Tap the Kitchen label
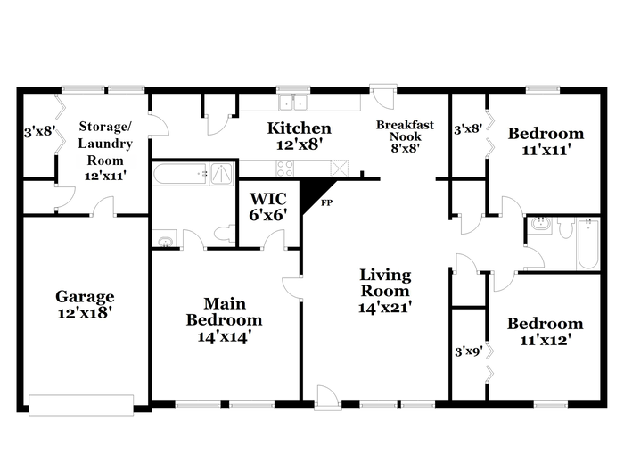click(299, 128)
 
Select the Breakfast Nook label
click(405, 130)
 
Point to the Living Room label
click(385, 283)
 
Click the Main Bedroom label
click(225, 312)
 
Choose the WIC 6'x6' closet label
click(268, 207)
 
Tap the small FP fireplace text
click(327, 203)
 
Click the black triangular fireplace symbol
click(316, 195)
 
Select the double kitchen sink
click(293, 103)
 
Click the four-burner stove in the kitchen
click(285, 168)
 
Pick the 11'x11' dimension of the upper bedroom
click(546, 150)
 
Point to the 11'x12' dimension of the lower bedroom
click(546, 340)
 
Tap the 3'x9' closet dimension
click(469, 351)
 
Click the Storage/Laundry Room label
click(105, 152)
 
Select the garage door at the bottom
click(81, 405)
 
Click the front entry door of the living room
click(328, 398)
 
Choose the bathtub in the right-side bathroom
click(587, 244)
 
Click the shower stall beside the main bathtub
click(222, 174)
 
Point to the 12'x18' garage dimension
click(84, 313)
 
